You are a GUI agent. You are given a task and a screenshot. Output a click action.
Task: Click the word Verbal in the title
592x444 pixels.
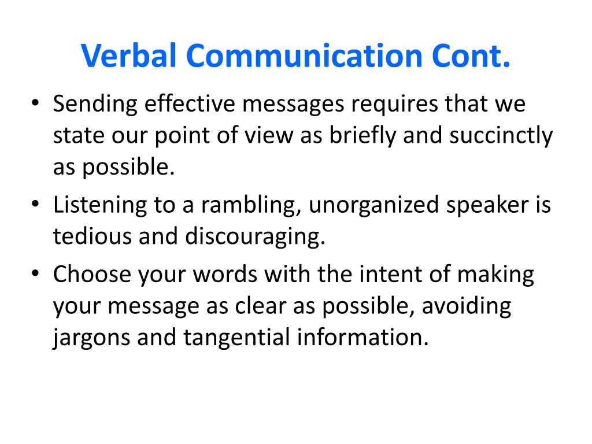click(129, 56)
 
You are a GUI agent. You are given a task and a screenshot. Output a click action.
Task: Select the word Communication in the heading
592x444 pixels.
click(304, 56)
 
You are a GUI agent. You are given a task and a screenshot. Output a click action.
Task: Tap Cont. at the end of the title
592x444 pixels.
click(471, 56)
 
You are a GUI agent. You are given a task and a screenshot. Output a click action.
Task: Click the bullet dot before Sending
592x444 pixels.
click(35, 103)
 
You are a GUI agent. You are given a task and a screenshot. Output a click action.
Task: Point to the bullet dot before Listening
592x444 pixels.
click(35, 204)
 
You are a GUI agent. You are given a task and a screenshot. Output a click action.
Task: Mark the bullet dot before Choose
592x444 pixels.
click(35, 273)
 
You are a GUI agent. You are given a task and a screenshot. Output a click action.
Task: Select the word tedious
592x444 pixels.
click(92, 236)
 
